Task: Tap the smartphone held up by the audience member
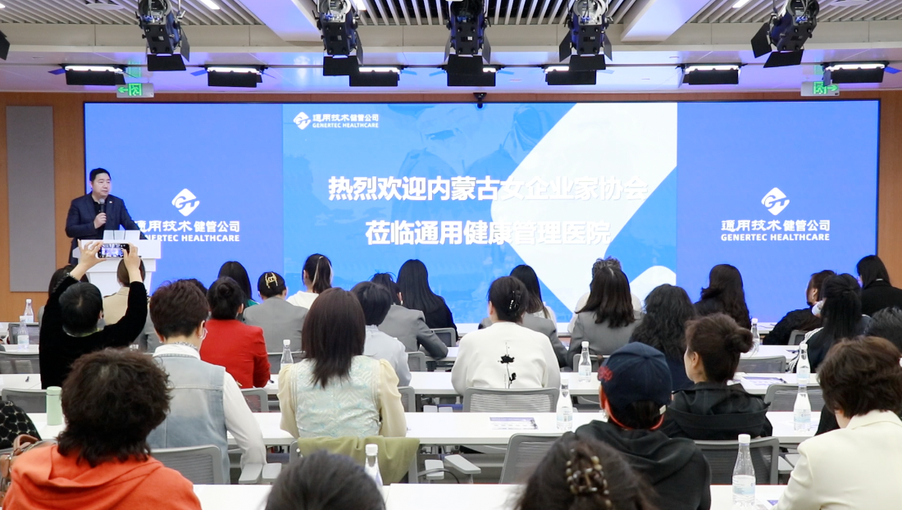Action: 113,251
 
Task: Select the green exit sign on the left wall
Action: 135,89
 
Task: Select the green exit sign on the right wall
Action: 820,89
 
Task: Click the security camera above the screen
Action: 480,99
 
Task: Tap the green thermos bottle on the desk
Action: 53,405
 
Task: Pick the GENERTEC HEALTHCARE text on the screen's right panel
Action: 775,237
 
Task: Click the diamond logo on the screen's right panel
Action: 775,201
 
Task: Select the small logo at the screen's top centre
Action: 302,121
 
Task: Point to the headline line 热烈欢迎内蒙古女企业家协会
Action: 488,189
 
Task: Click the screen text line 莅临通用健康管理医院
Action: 488,234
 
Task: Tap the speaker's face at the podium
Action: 100,184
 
